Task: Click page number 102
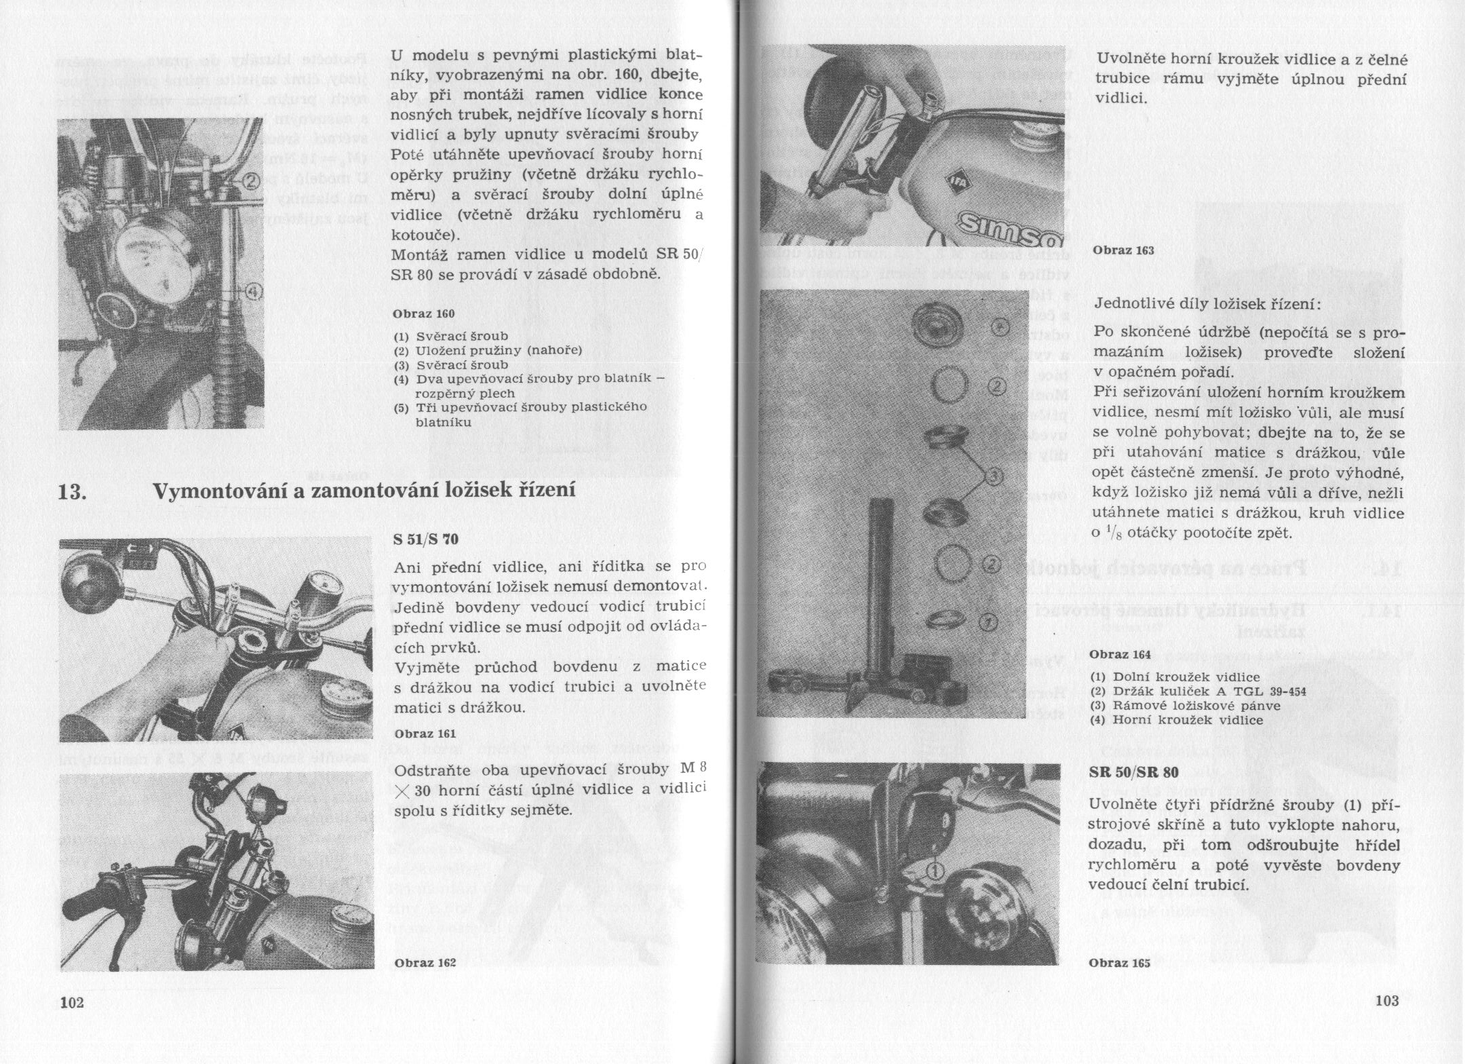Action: click(71, 1002)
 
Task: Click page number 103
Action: click(1387, 1000)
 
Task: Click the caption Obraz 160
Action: click(424, 314)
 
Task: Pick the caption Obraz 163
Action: click(1122, 250)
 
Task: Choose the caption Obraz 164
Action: click(1120, 655)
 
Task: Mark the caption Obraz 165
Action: click(1120, 963)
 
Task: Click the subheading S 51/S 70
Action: click(426, 540)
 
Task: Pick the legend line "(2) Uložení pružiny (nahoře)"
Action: click(488, 350)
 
